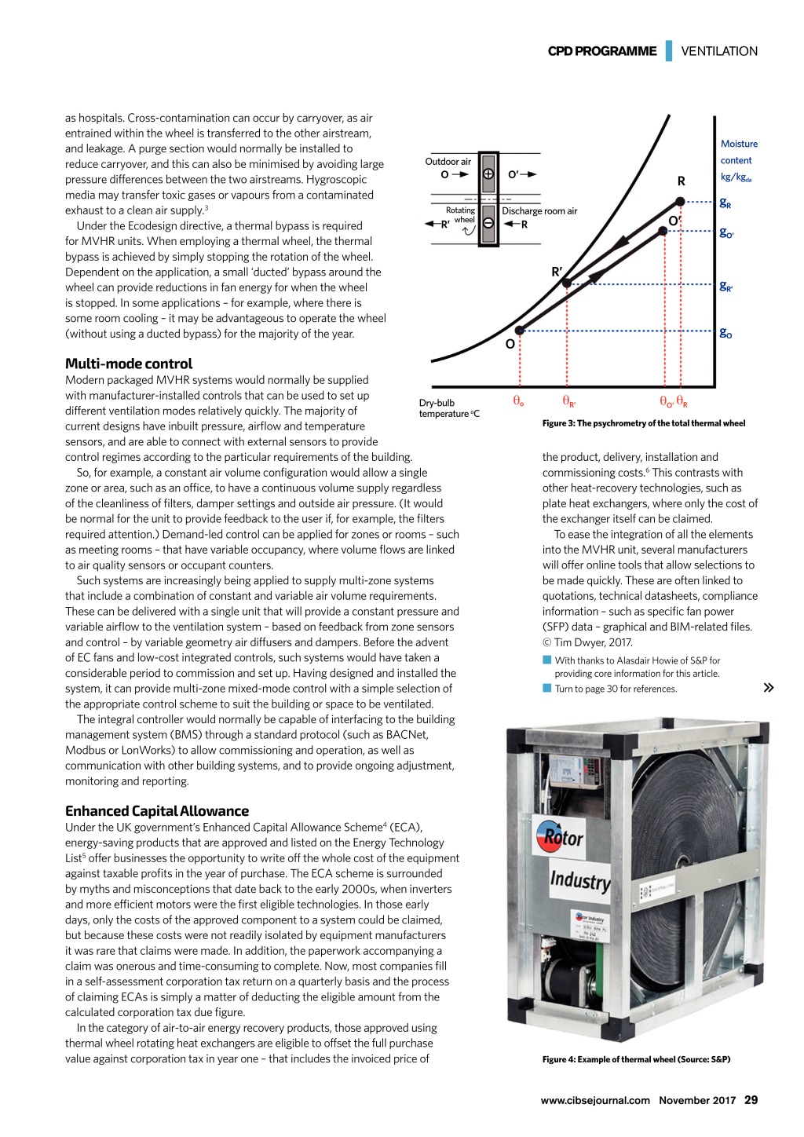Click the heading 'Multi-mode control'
129,364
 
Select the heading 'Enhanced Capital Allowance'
157,811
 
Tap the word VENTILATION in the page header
719,51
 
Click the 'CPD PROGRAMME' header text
602,51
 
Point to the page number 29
751,1100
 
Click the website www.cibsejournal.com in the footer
595,1100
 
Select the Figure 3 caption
644,423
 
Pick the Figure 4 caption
636,1059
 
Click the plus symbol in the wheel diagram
488,174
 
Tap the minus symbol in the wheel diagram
488,224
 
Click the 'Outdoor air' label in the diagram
448,162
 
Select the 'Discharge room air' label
539,211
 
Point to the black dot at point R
681,203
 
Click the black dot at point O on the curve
519,331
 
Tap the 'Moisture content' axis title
738,152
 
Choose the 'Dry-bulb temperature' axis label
448,408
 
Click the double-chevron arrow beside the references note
769,688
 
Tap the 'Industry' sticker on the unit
580,880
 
